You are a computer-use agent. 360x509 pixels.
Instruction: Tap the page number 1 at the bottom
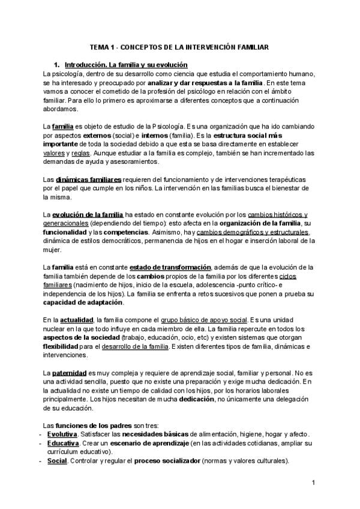pos(314,483)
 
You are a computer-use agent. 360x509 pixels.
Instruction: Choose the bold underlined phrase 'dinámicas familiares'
pos(89,180)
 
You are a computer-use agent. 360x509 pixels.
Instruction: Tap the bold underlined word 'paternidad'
pos(70,373)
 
